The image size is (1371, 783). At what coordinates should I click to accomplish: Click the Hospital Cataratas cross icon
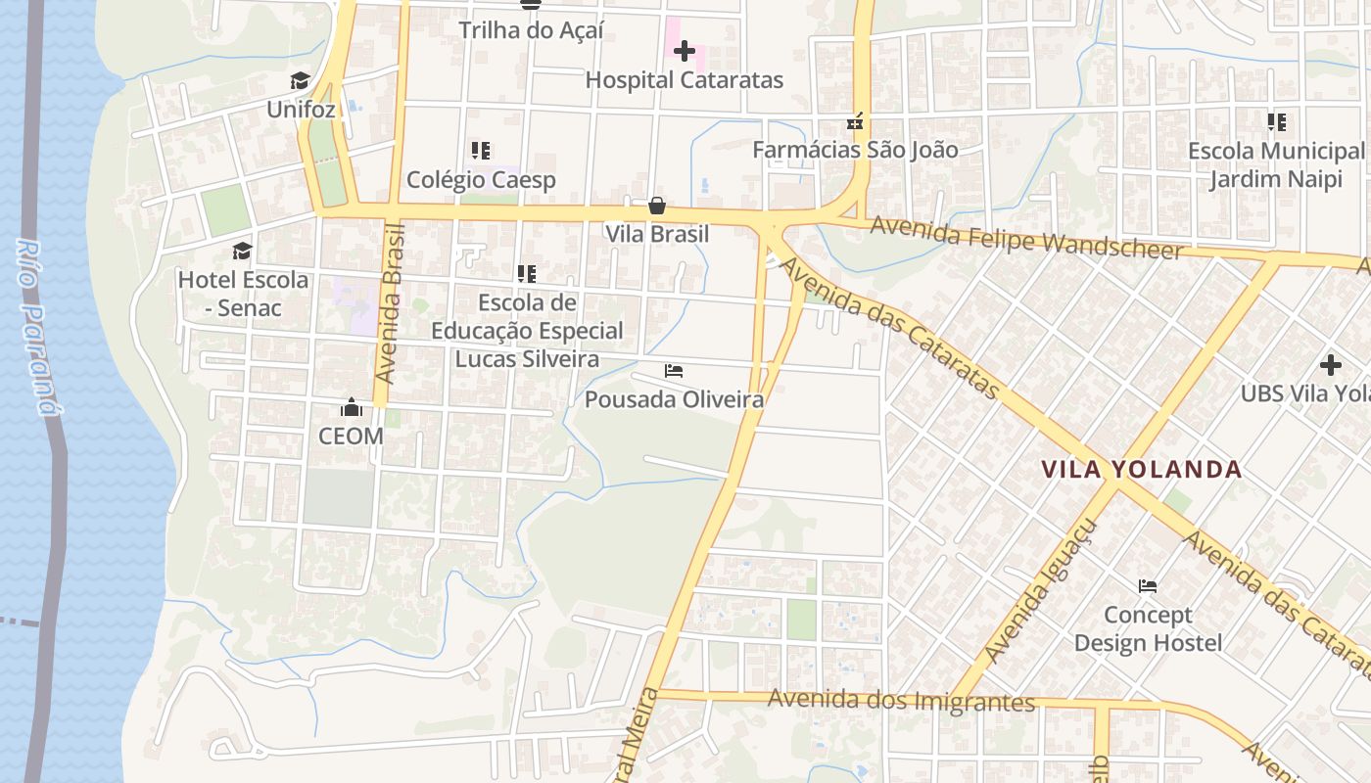point(685,51)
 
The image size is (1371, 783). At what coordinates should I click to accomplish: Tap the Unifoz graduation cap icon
point(300,80)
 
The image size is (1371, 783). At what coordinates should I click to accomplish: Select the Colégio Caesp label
point(481,180)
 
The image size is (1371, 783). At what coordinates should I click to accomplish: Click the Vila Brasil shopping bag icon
point(657,206)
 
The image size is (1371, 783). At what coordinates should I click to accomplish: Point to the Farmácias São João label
point(855,150)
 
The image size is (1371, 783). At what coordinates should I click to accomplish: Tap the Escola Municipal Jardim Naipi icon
point(1276,122)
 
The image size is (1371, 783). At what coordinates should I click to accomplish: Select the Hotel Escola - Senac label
point(243,294)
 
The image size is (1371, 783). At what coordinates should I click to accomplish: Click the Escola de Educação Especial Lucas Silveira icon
point(527,274)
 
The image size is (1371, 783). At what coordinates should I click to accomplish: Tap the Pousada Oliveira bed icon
point(674,371)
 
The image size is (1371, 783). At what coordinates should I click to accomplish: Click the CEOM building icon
point(351,407)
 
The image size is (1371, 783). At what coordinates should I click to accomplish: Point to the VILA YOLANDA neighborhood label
point(1142,470)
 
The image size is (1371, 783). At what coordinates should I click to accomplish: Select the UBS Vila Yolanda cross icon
point(1330,365)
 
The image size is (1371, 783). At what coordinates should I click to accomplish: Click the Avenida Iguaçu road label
point(1042,591)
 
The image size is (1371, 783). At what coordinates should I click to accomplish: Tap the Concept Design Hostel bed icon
point(1148,586)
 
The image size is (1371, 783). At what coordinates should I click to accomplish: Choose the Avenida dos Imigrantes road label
point(901,701)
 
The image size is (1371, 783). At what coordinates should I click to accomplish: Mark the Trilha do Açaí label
point(531,30)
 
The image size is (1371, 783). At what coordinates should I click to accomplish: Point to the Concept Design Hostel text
point(1148,629)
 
